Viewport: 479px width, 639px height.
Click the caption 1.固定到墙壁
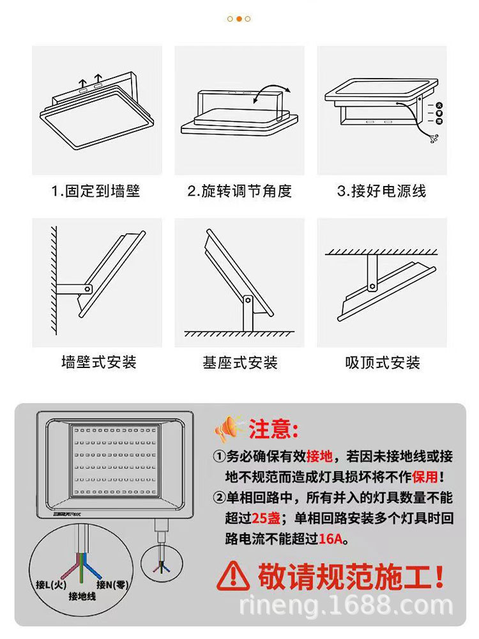click(96, 190)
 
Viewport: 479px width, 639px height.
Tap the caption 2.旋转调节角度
click(240, 190)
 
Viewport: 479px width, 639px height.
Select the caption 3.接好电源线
click(381, 190)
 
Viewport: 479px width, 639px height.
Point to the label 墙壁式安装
click(98, 362)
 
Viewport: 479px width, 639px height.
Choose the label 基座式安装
click(240, 362)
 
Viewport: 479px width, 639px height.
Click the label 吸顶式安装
click(383, 362)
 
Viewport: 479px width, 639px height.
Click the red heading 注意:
click(273, 429)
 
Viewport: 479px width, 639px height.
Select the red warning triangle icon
click(232, 578)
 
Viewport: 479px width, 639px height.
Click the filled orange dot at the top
click(239, 19)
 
